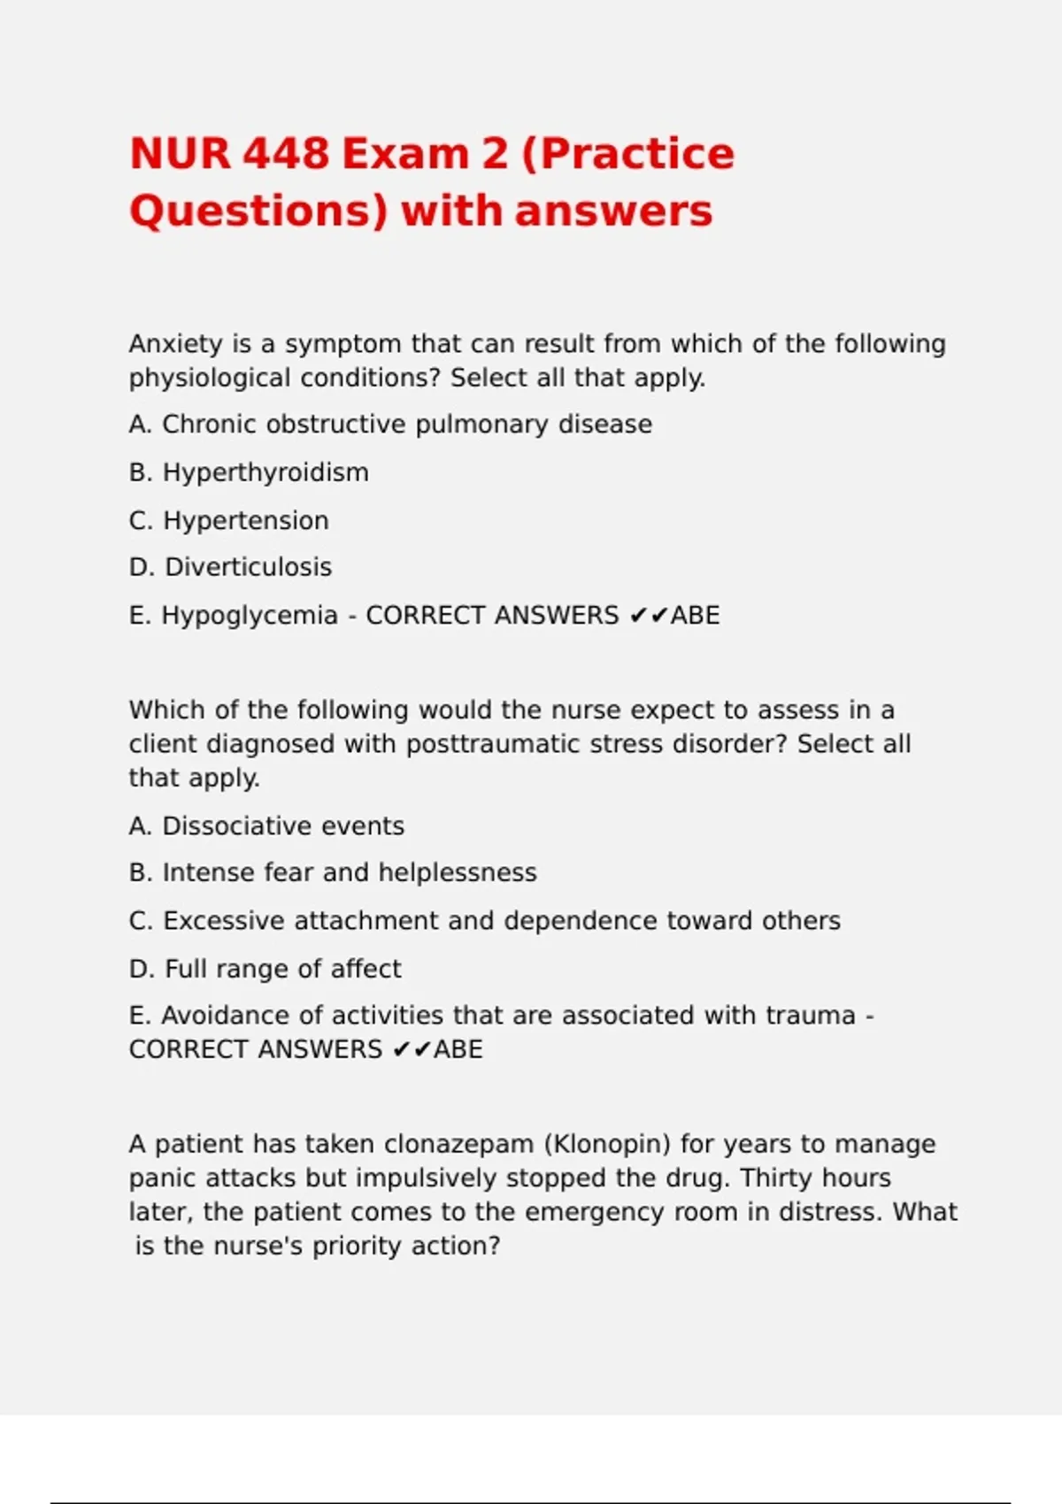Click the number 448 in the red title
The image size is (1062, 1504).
(285, 153)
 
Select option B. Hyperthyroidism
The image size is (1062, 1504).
(249, 472)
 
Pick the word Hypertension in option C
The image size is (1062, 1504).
(246, 520)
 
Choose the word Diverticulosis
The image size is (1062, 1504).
(249, 567)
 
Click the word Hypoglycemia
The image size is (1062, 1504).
(250, 615)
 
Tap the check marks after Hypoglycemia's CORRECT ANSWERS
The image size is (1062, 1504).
(648, 615)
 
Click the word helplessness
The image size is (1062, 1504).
(458, 872)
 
